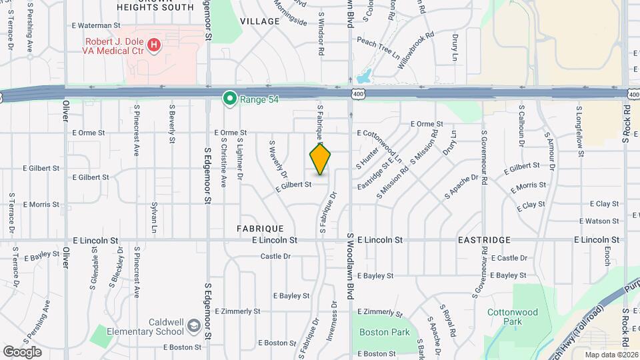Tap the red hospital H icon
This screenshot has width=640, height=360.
155,45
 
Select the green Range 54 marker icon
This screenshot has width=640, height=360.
230,99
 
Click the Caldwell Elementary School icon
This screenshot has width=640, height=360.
193,326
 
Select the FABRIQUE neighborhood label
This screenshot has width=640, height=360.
261,228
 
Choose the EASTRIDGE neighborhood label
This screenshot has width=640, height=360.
484,239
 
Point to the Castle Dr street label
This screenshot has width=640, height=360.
276,256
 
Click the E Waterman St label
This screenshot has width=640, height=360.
96,26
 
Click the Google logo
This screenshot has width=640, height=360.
22,351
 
